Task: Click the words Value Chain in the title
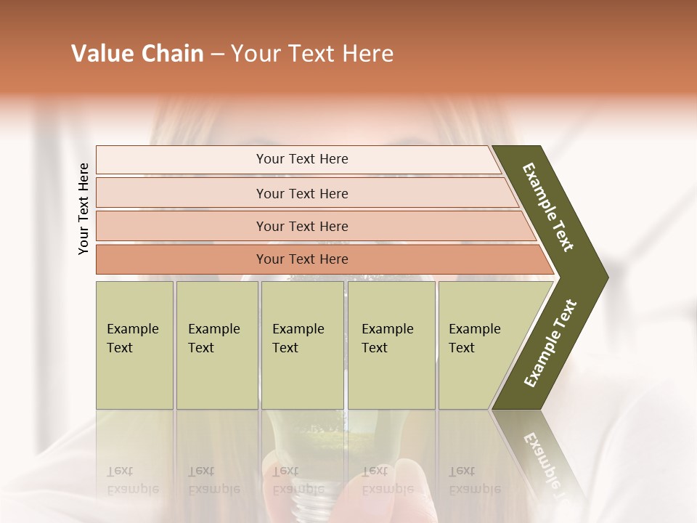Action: [x=137, y=54]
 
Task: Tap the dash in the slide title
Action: [x=217, y=54]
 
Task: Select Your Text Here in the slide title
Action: [x=312, y=54]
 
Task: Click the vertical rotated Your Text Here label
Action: [x=83, y=208]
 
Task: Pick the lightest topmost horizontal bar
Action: [x=301, y=159]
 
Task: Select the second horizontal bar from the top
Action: [x=301, y=193]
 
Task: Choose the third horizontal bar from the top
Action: [x=301, y=226]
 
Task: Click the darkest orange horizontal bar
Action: [x=301, y=259]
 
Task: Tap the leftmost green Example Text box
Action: [x=134, y=345]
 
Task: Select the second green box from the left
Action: [x=216, y=345]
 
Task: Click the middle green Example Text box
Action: [x=302, y=345]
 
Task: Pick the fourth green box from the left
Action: [x=391, y=345]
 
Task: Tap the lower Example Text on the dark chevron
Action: [x=550, y=343]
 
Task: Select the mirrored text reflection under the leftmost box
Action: [x=132, y=480]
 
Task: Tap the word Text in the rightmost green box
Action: [x=462, y=348]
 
